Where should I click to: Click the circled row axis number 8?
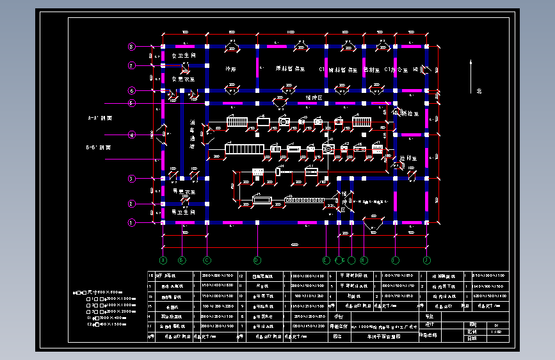point(132,47)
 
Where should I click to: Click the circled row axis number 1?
point(132,223)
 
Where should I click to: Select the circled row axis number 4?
point(132,135)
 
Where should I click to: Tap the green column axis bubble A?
point(163,260)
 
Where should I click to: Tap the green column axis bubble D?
point(257,260)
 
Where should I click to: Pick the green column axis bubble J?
point(426,260)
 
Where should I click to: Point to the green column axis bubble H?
point(364,260)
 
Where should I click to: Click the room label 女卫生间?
point(183,56)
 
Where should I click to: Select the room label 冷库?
point(231,69)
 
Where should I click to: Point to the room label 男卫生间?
point(183,211)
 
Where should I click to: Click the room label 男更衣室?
point(183,192)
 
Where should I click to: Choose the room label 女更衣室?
point(183,79)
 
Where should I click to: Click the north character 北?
point(479,91)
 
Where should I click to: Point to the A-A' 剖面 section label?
point(100,119)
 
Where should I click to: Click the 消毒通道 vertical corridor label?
point(193,134)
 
